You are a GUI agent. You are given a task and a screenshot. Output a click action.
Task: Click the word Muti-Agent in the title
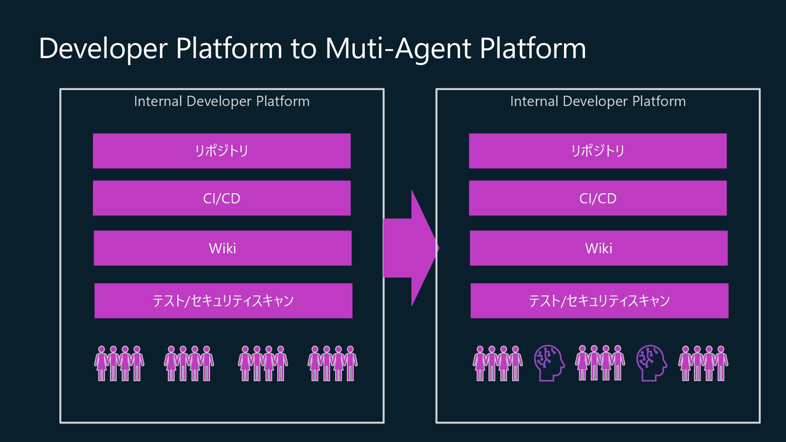pos(398,48)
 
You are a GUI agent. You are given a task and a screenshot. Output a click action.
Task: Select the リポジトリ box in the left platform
pos(221,151)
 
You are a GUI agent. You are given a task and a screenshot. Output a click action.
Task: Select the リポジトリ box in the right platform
pos(598,151)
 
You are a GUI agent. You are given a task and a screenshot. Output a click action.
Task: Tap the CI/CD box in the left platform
pos(221,198)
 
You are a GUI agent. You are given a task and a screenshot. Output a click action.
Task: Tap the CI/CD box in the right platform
pos(598,198)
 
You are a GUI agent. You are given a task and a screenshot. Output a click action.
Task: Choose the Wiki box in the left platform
pos(222,248)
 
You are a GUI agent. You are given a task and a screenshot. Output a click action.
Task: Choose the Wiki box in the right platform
pos(599,248)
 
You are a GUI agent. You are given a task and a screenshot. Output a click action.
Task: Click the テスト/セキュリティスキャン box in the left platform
pos(223,301)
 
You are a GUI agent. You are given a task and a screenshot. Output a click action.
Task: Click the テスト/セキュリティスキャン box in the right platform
pos(599,301)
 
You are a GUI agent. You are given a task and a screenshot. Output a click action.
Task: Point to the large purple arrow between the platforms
pos(409,248)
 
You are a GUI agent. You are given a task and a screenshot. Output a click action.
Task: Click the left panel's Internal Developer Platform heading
pos(221,101)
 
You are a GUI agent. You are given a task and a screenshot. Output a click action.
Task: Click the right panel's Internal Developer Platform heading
pos(598,101)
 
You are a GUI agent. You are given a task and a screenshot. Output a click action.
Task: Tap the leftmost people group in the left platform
pos(119,363)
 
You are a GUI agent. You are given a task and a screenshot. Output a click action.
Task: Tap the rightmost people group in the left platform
pos(332,363)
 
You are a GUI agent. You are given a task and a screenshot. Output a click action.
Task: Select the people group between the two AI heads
pos(600,363)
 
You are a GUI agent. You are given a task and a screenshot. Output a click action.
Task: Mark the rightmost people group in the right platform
pos(703,363)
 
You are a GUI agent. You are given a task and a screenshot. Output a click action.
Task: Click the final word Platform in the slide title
pos(533,48)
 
